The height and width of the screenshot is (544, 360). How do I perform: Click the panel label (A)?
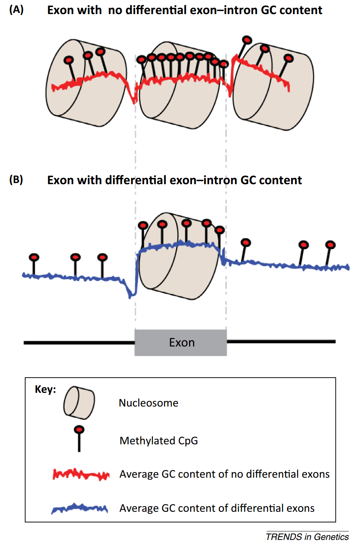point(16,10)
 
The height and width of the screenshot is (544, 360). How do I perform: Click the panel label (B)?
point(16,180)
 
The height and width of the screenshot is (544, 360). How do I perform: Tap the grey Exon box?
point(181,342)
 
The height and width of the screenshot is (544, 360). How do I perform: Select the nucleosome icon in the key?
point(79,403)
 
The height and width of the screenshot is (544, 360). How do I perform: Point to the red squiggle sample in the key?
point(81,474)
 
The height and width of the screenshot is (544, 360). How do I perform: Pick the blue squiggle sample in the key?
point(80,508)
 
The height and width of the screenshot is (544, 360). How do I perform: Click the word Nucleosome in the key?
point(148,403)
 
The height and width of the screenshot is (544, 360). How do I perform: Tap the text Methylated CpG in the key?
point(159,441)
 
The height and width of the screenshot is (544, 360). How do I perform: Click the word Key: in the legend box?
point(45,389)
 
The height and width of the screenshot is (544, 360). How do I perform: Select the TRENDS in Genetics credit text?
point(307,537)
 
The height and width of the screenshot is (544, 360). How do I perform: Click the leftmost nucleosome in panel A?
point(86,83)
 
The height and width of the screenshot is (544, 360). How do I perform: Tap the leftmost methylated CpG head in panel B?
point(34,257)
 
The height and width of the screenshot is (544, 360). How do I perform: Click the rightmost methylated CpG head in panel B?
point(330,245)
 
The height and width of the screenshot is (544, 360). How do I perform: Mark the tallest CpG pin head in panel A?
point(247,40)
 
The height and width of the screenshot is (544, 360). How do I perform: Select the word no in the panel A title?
point(115,10)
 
